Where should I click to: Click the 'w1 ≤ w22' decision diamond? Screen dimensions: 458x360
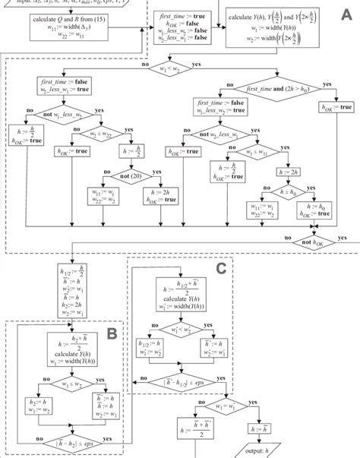(x=115, y=137)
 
